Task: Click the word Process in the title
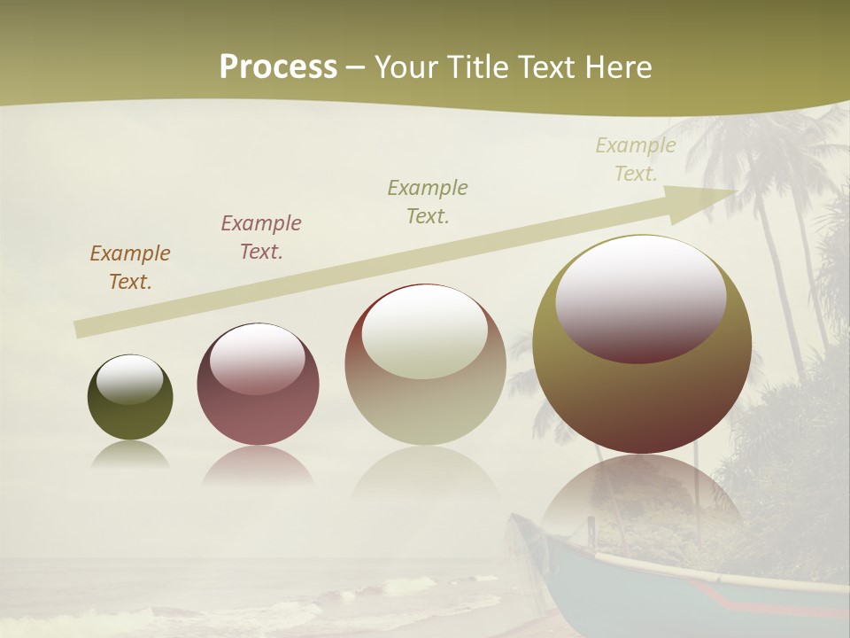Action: click(278, 67)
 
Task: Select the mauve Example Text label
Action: click(261, 237)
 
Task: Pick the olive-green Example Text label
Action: click(428, 201)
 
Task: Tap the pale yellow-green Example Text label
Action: click(636, 159)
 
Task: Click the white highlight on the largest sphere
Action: click(641, 297)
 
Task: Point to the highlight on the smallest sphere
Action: click(129, 379)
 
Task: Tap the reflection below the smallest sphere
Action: click(129, 455)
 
